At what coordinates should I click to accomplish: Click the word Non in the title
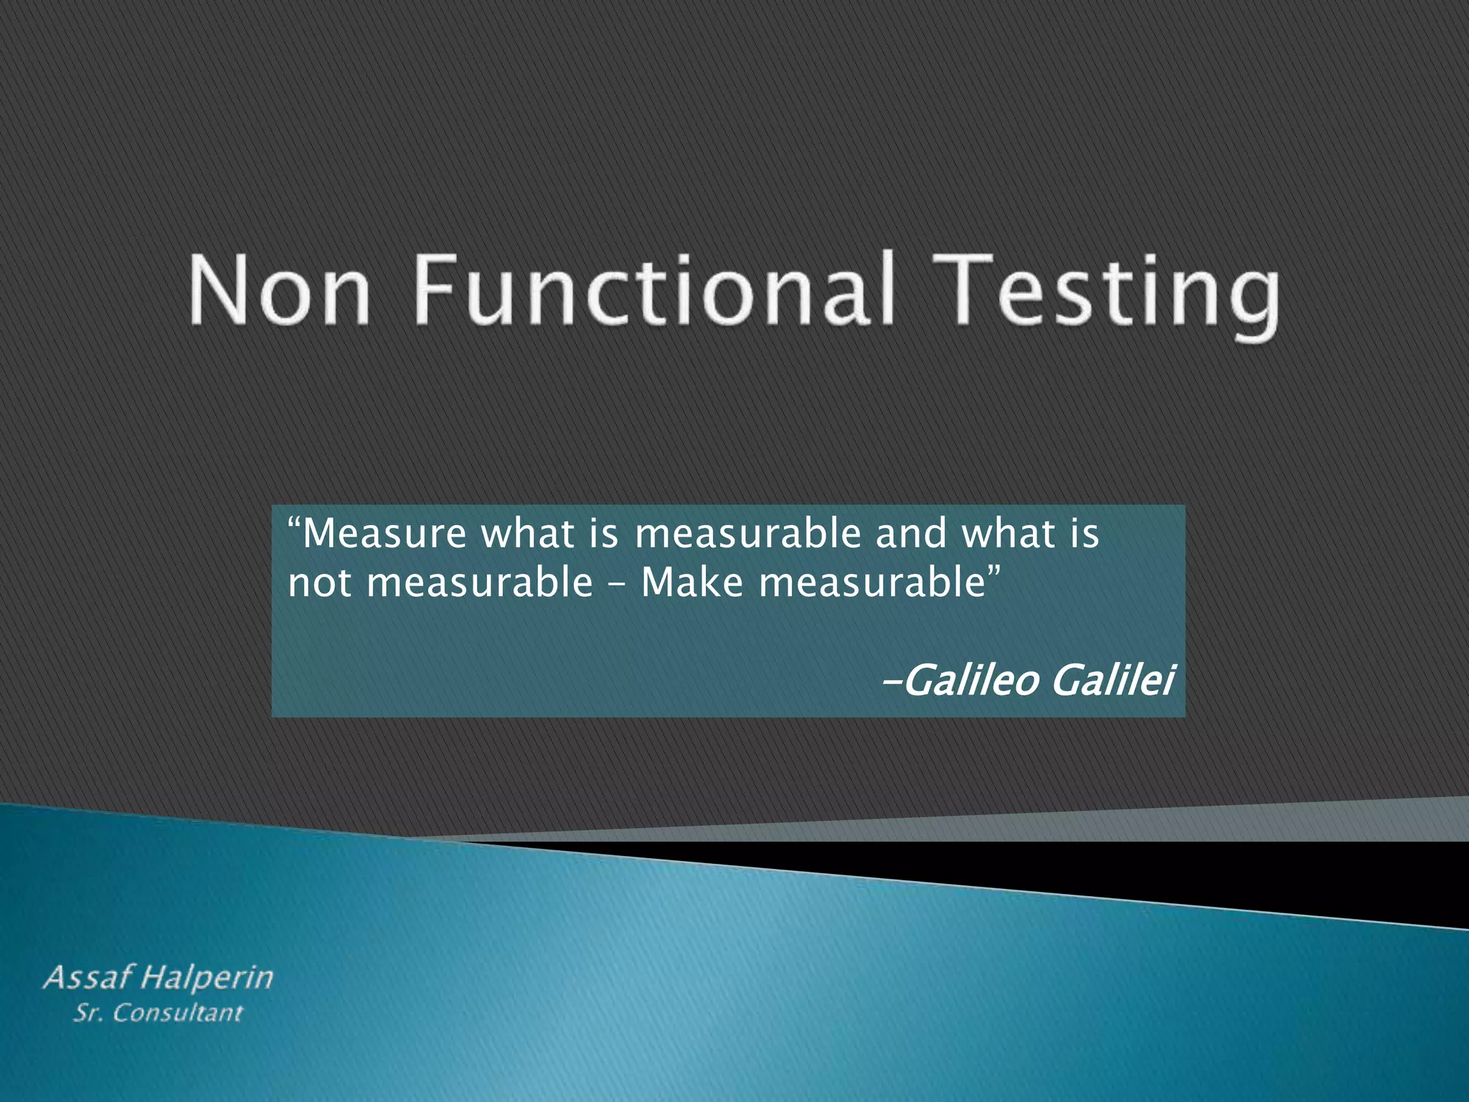tap(280, 290)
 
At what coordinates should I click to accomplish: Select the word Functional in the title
tap(654, 290)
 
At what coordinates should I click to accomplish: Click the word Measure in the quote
tap(384, 534)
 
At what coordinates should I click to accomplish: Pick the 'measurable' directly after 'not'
tap(479, 583)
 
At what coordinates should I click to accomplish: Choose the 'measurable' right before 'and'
tap(747, 534)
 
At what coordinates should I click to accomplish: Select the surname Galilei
tap(1113, 680)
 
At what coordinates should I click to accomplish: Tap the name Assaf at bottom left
tap(89, 977)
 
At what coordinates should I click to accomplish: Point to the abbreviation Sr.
tap(87, 1013)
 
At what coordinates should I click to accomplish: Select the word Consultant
tap(178, 1013)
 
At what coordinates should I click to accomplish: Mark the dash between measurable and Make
tap(616, 585)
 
